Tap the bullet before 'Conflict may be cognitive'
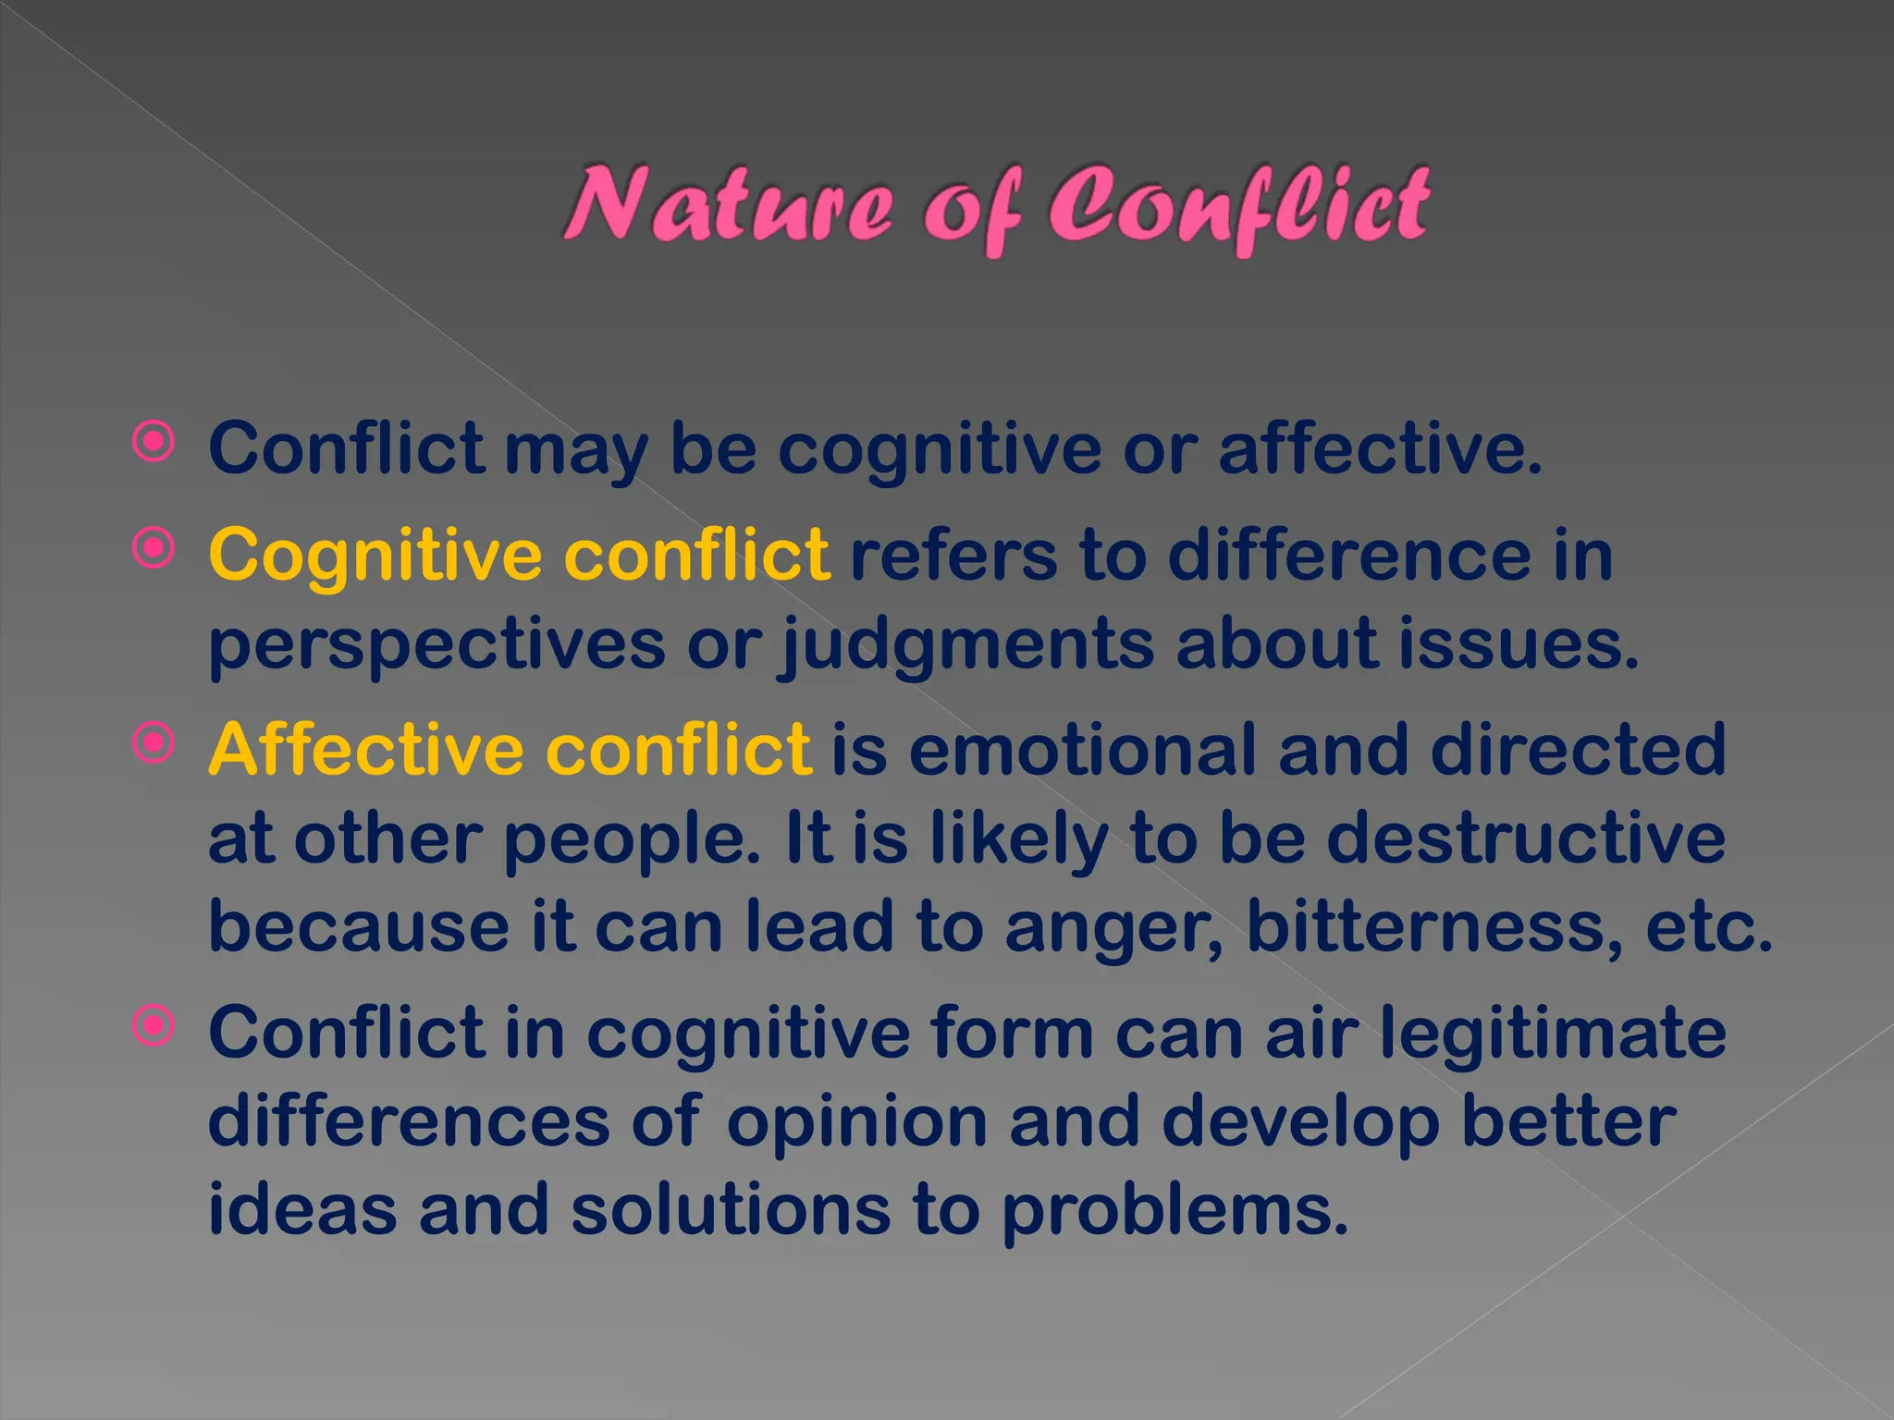coord(154,443)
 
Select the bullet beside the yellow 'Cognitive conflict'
coord(154,549)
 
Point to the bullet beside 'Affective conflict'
coord(154,743)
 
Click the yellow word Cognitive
coord(375,555)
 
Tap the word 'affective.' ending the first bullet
coord(1380,448)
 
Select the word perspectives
coord(437,645)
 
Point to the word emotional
coord(1082,749)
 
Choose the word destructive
coord(1526,838)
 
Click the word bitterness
coord(1433,926)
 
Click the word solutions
coord(731,1209)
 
